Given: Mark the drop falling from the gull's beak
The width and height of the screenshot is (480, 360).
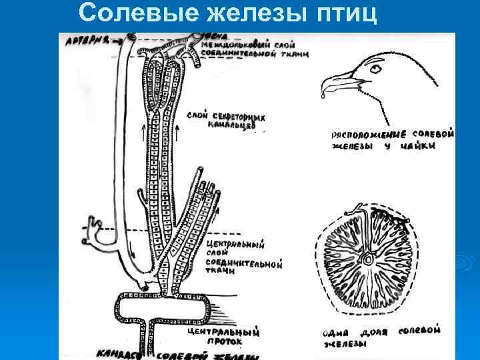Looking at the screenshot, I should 323,95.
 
